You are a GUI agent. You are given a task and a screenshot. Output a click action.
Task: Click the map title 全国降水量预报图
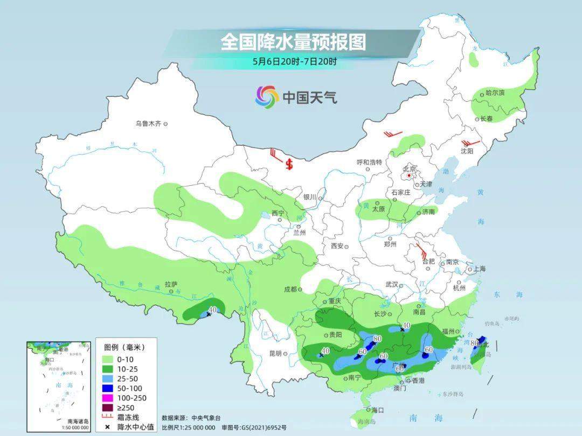(293, 42)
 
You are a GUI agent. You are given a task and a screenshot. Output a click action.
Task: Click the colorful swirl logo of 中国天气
(267, 97)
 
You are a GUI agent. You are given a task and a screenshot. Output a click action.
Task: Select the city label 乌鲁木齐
(148, 124)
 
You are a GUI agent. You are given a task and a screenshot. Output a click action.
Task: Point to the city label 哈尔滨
(495, 93)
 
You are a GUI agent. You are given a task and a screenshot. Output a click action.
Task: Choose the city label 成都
(290, 289)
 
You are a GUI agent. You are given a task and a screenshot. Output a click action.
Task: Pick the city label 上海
(479, 269)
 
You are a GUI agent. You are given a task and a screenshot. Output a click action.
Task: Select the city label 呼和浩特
(369, 162)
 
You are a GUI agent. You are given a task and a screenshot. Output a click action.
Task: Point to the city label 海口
(377, 410)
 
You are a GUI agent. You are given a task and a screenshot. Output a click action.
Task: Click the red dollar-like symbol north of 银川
(289, 164)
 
